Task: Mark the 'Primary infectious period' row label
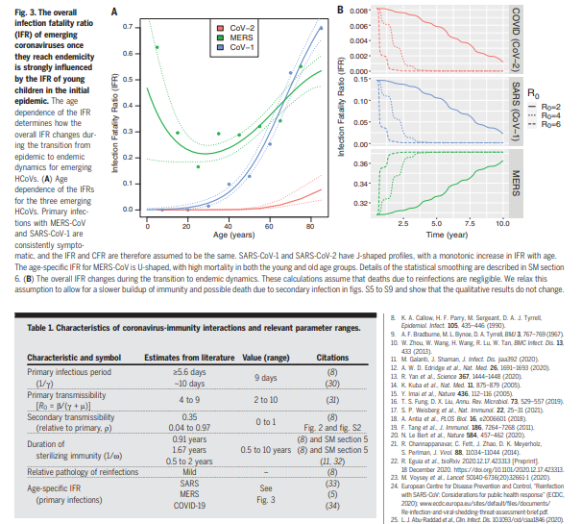[x=68, y=371]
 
